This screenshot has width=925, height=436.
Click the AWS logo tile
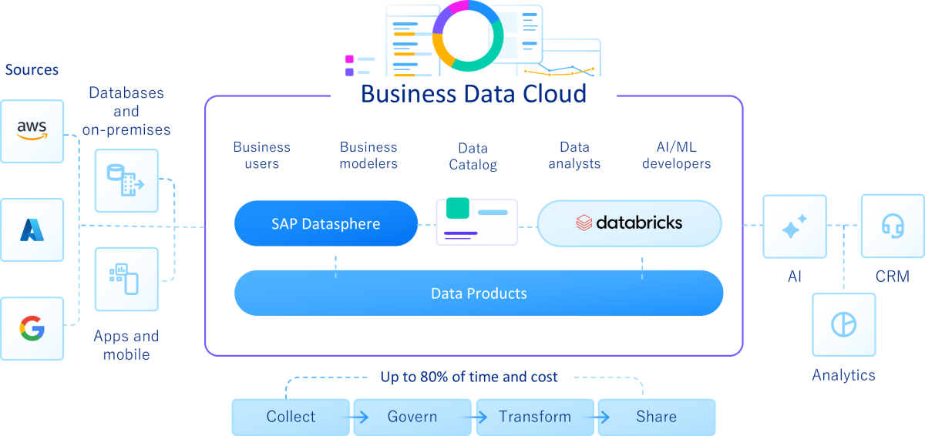(32, 131)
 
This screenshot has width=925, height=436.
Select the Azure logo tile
(32, 230)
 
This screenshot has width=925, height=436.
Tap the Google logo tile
(32, 329)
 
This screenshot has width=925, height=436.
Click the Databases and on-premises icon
(126, 181)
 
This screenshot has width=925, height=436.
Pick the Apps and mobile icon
(126, 279)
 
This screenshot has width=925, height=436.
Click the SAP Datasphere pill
(325, 223)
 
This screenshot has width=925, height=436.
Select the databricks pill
(629, 223)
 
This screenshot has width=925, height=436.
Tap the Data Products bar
(479, 293)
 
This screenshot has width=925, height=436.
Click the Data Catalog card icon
(476, 222)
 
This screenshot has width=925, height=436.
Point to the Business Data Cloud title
(473, 94)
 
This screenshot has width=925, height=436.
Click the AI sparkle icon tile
(794, 226)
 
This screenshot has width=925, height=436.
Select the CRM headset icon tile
(892, 226)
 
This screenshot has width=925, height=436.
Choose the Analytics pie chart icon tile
(843, 324)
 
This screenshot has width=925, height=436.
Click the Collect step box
(291, 417)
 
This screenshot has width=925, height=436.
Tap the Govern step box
(412, 417)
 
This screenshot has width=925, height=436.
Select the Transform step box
(535, 417)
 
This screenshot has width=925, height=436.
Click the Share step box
(657, 417)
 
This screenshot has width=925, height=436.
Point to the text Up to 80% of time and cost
(469, 377)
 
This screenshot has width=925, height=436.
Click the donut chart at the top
(468, 35)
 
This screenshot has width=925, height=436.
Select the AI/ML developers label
(676, 155)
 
